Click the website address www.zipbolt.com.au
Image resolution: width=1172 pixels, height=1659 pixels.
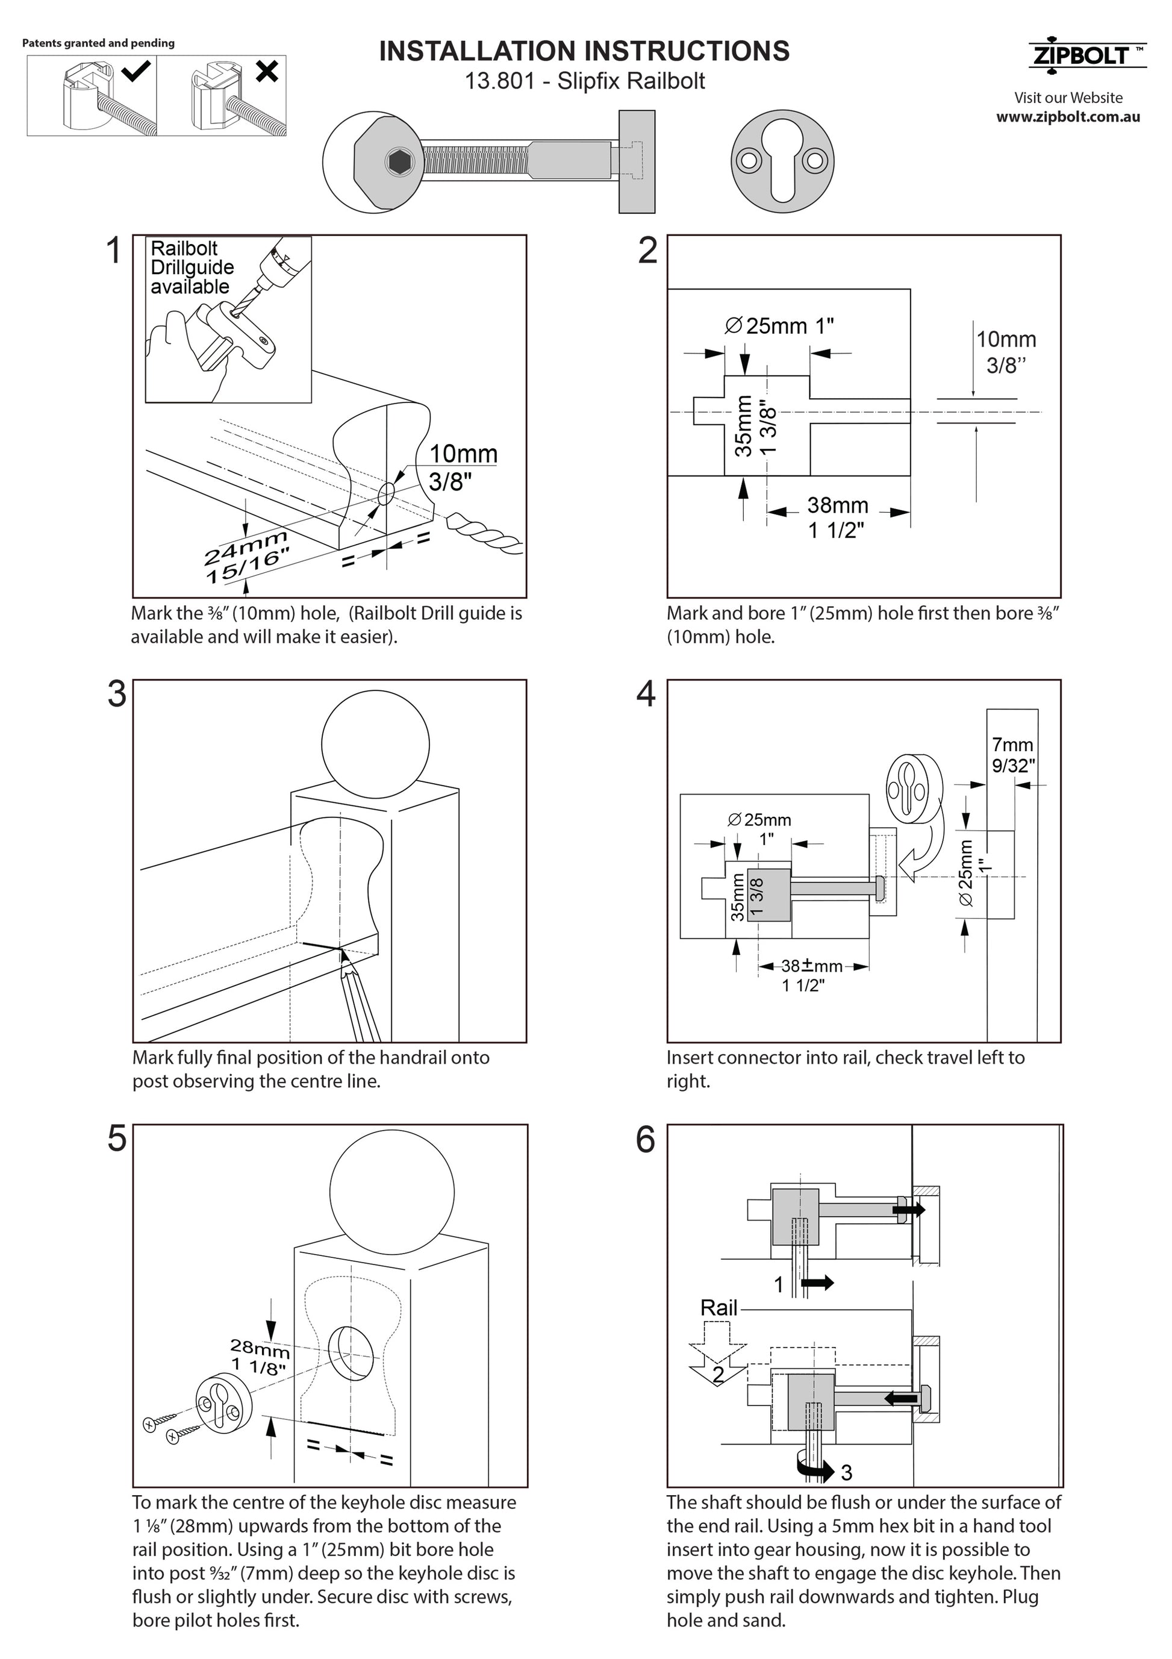point(1068,117)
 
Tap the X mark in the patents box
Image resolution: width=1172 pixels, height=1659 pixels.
point(267,71)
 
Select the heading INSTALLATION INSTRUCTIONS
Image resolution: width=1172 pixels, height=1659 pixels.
point(584,51)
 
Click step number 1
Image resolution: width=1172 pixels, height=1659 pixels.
point(113,251)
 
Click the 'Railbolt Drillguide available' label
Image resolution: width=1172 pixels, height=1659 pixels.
point(191,267)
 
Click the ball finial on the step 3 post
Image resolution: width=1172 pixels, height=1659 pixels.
point(375,744)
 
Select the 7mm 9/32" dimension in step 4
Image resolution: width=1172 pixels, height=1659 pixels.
point(1012,754)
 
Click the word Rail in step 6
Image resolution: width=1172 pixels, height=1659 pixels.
point(718,1308)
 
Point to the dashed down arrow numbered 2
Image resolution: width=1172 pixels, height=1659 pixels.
point(717,1354)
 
